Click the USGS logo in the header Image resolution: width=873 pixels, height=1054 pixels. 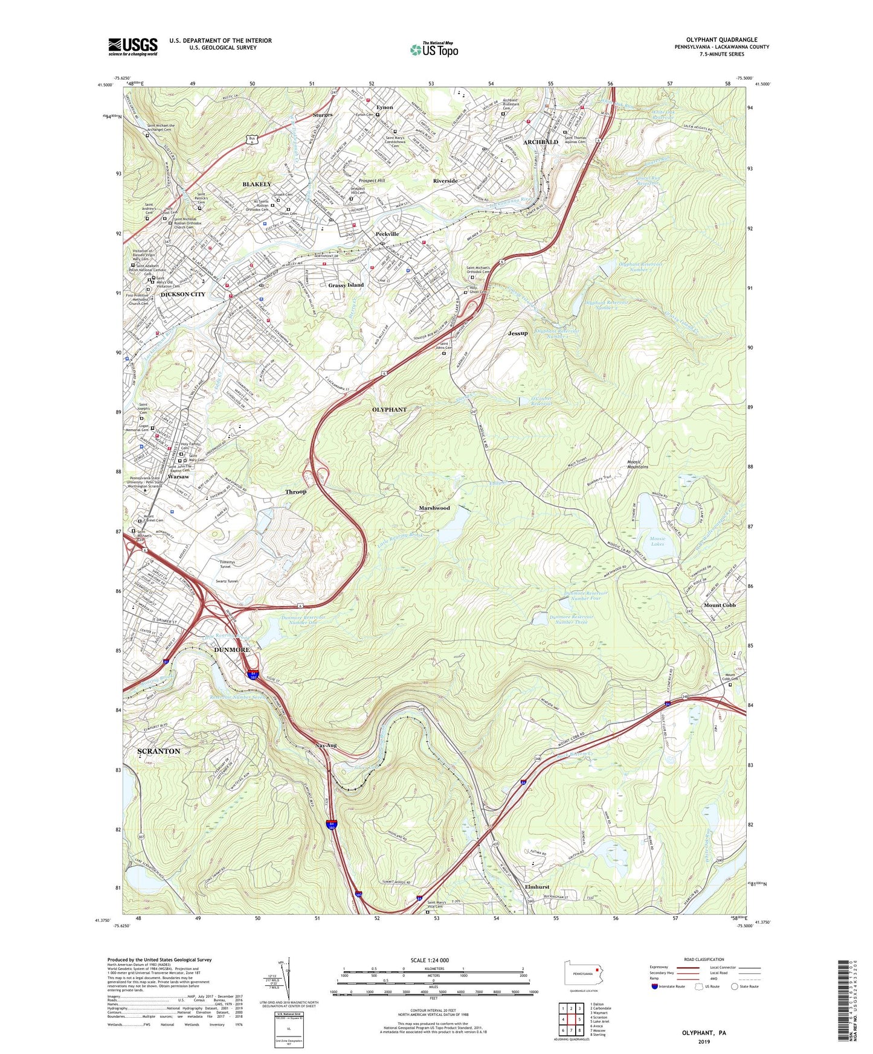pyautogui.click(x=133, y=46)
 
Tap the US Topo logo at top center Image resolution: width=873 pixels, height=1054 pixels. pyautogui.click(x=433, y=50)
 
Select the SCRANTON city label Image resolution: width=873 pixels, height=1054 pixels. pyautogui.click(x=159, y=751)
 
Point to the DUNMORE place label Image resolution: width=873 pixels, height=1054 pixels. pyautogui.click(x=232, y=650)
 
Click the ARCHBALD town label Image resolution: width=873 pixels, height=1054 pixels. pyautogui.click(x=541, y=142)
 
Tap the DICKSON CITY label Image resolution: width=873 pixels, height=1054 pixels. pyautogui.click(x=183, y=294)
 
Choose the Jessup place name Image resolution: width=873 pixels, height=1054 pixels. pyautogui.click(x=518, y=333)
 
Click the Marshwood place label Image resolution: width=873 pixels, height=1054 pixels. pyautogui.click(x=434, y=508)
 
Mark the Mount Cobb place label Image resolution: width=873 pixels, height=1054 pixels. pyautogui.click(x=720, y=605)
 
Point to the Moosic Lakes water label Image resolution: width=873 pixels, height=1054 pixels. pyautogui.click(x=657, y=541)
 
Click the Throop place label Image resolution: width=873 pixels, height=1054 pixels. pyautogui.click(x=295, y=491)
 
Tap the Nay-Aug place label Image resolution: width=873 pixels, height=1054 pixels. pyautogui.click(x=326, y=746)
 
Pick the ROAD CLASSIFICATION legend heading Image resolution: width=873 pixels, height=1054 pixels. pyautogui.click(x=704, y=959)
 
